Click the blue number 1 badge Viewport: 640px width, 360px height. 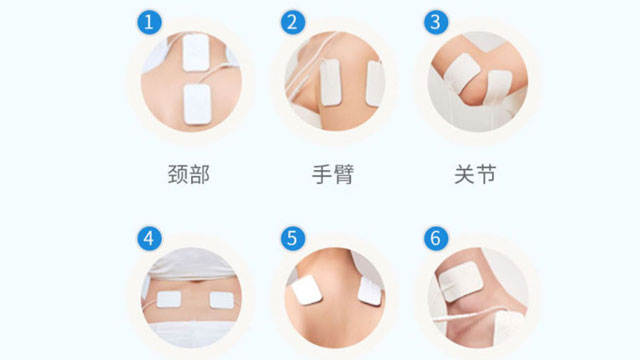click(148, 22)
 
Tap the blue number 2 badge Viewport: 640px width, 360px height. click(292, 22)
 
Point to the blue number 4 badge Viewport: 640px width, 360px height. click(148, 238)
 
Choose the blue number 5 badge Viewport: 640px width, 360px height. click(292, 238)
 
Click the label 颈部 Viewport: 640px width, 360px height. click(189, 175)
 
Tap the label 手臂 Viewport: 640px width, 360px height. click(332, 175)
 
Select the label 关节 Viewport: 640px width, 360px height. click(475, 175)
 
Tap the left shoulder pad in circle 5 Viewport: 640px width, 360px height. click(305, 290)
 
